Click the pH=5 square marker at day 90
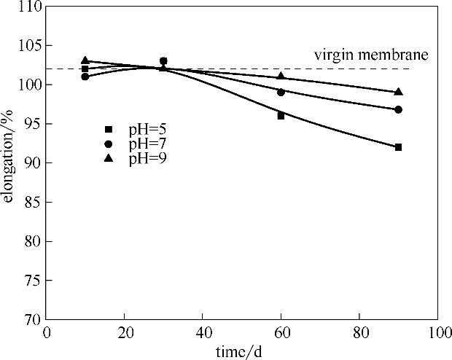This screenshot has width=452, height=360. pos(398,147)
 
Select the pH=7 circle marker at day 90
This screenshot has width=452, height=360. pos(398,109)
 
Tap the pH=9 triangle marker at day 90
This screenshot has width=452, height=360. pos(398,92)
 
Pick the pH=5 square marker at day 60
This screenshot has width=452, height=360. pos(281,115)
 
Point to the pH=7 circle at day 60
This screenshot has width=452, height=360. pos(281,92)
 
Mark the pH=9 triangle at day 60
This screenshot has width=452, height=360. pos(281,76)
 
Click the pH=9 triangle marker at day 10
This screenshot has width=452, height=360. pos(85,60)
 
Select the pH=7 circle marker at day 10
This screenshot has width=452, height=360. pos(85,77)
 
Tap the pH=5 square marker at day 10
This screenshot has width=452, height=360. pos(85,69)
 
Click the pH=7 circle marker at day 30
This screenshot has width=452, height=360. pos(163,61)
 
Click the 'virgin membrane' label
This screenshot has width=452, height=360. pos(370,55)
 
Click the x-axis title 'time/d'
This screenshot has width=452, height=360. pos(240,351)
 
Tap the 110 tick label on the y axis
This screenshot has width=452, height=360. pos(30,7)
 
